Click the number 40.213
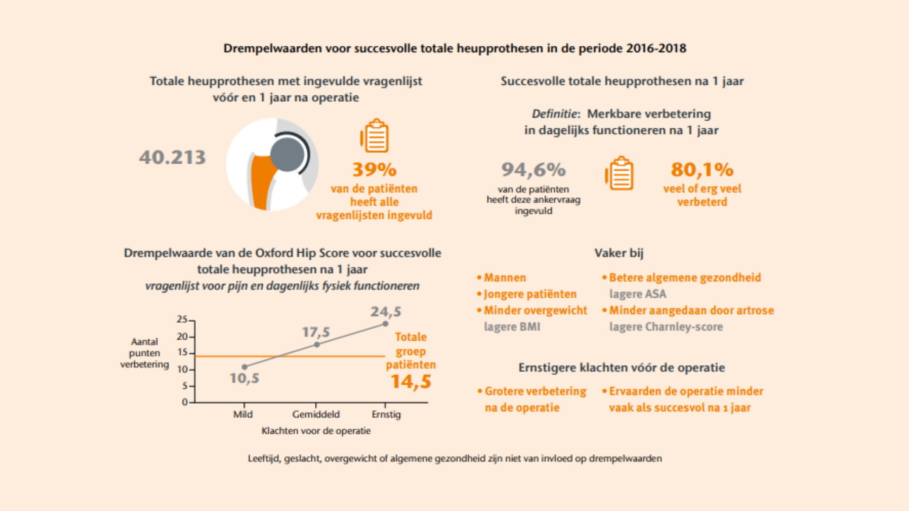tap(172, 158)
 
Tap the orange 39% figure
tap(374, 169)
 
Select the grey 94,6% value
tap(534, 169)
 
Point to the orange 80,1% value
tap(702, 169)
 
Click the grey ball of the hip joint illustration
tap(287, 154)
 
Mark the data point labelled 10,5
tap(244, 367)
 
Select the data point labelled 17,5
tap(317, 344)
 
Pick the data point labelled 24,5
tap(385, 324)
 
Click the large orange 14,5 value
tap(410, 382)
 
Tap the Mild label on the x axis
tap(243, 414)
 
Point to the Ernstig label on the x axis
tap(386, 414)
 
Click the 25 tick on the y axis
tap(182, 319)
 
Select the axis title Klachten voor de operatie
tap(316, 431)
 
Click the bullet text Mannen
tap(505, 278)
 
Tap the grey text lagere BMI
tap(512, 327)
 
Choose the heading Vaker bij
tap(619, 253)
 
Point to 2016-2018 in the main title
tap(656, 48)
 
